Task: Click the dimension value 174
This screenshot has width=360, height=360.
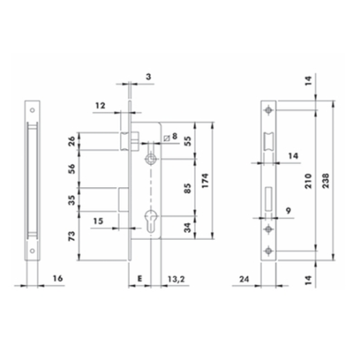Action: click(205, 181)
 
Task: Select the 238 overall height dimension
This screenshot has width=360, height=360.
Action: click(326, 181)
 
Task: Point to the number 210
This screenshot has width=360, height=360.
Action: click(308, 181)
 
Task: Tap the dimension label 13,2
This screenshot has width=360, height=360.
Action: click(176, 279)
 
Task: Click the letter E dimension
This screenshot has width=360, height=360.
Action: click(139, 279)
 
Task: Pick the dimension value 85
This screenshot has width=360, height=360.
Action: click(187, 188)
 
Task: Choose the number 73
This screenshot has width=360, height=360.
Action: click(72, 236)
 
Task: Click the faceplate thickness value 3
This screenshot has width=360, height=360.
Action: click(148, 76)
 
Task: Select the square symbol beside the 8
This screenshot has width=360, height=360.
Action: click(166, 138)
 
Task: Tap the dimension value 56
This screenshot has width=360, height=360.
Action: click(72, 169)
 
